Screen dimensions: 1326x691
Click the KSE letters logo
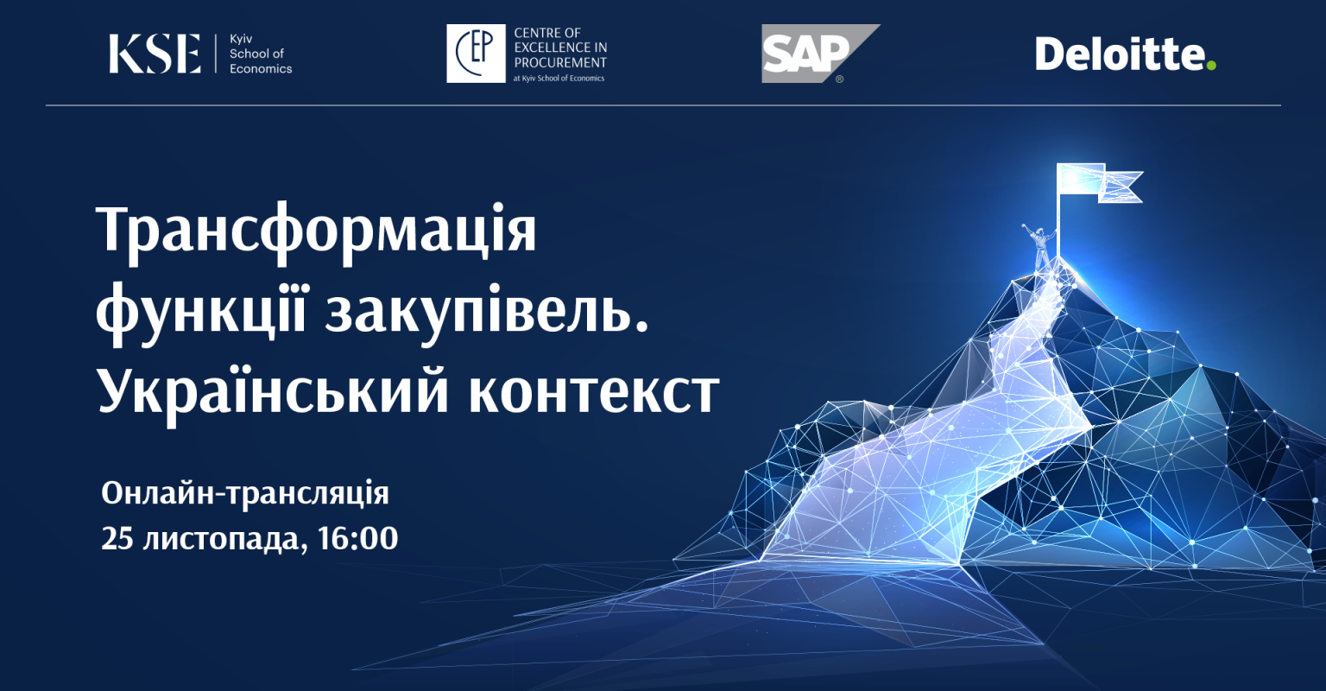pyautogui.click(x=155, y=54)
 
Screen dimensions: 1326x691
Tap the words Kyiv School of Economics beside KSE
pyautogui.click(x=261, y=54)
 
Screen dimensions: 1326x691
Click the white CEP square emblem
pyautogui.click(x=476, y=54)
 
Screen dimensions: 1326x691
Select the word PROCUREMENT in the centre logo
pyautogui.click(x=560, y=63)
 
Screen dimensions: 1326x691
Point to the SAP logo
pyautogui.click(x=820, y=54)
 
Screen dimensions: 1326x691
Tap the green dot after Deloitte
pyautogui.click(x=1211, y=65)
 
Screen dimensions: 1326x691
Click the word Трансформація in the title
pyautogui.click(x=316, y=231)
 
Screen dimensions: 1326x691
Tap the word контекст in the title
pyautogui.click(x=594, y=394)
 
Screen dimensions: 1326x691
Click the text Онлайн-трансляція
pyautogui.click(x=245, y=494)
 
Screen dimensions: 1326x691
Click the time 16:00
pyautogui.click(x=357, y=538)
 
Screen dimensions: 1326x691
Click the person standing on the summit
pyautogui.click(x=1039, y=245)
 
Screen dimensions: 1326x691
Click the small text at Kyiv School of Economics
pyautogui.click(x=559, y=78)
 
